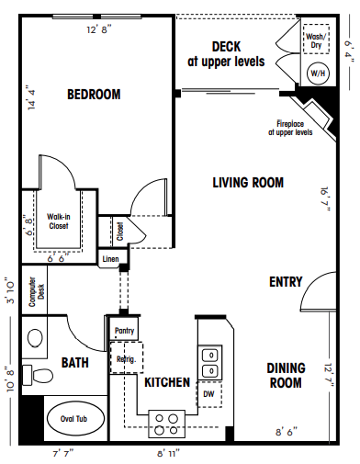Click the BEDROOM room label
(x=94, y=94)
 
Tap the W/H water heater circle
(x=318, y=73)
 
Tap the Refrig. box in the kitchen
(x=124, y=358)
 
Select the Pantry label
(x=124, y=328)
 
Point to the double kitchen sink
(x=210, y=362)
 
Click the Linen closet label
(x=110, y=259)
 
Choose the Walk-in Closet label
(x=59, y=221)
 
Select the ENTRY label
(x=285, y=281)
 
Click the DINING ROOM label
(x=285, y=375)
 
